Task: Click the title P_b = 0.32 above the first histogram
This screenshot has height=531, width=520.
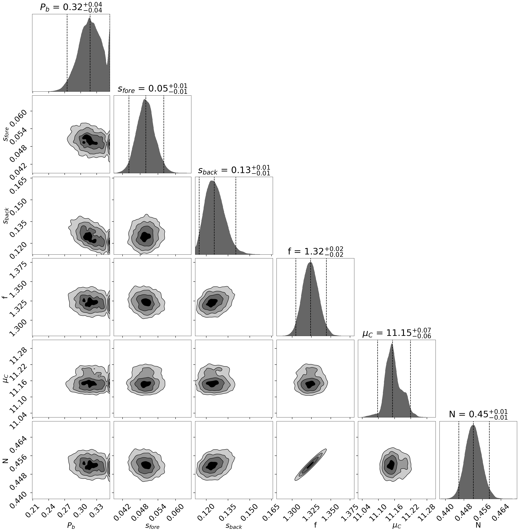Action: (71, 7)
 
